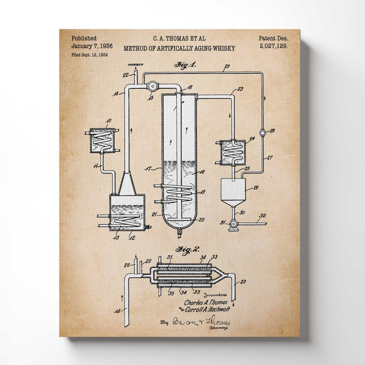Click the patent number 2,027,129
(x=274, y=46)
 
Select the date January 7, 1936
(x=92, y=46)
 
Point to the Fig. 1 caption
(x=185, y=65)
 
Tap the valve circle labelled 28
(x=262, y=133)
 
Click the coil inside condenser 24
(x=232, y=154)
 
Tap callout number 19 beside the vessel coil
(x=202, y=192)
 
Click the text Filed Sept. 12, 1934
(x=89, y=55)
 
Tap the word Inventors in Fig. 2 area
(x=215, y=295)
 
